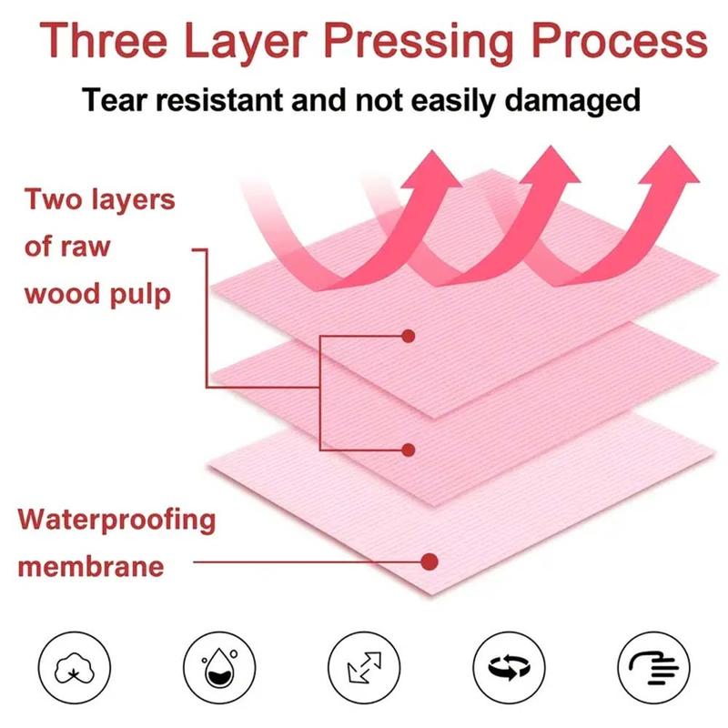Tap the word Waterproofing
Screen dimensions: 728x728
[x=116, y=521]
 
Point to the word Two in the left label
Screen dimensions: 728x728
[x=53, y=198]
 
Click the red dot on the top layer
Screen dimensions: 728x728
[x=409, y=336]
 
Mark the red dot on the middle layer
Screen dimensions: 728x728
[x=409, y=450]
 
